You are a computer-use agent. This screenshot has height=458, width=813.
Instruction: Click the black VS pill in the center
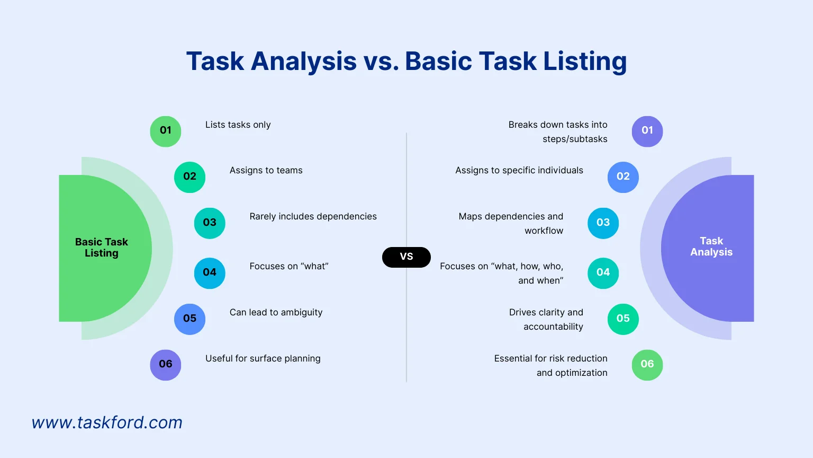406,257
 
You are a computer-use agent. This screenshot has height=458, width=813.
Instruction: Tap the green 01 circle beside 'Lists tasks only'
166,131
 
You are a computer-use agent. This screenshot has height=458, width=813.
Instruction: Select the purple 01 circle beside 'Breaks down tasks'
647,131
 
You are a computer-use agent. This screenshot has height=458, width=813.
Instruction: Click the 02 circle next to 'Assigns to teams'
189,177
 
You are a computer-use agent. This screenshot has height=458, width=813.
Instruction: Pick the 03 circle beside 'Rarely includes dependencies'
210,223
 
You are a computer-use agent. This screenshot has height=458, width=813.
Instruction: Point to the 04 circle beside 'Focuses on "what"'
210,273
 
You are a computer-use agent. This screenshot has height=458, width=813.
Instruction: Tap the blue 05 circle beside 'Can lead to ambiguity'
189,319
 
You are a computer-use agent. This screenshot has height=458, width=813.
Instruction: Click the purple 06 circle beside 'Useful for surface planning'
166,365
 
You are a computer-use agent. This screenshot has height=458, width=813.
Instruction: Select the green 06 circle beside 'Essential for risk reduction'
647,365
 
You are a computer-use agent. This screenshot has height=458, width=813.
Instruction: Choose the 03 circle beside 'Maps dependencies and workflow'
603,223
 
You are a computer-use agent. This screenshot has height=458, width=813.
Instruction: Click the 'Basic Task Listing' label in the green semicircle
102,248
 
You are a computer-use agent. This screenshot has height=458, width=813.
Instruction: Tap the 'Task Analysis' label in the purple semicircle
711,246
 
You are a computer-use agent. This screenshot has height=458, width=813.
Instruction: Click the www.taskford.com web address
107,422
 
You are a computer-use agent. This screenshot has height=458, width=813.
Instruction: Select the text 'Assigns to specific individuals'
519,171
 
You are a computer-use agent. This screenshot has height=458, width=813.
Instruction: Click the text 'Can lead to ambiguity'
276,313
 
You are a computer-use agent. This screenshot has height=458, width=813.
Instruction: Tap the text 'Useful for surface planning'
263,359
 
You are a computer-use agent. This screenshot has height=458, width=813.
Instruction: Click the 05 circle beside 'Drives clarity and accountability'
623,319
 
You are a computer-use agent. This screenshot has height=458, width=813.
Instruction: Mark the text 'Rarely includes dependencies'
313,217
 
